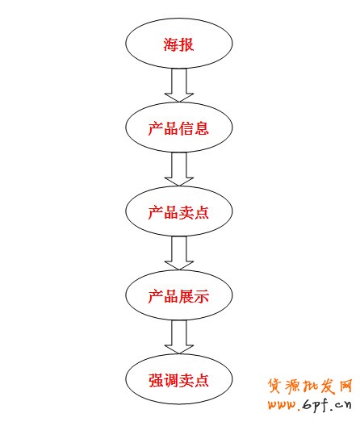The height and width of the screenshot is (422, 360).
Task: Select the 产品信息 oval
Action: [x=178, y=127]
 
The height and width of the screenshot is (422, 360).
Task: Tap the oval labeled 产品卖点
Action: [x=178, y=211]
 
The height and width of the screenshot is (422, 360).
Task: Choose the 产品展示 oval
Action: [x=178, y=295]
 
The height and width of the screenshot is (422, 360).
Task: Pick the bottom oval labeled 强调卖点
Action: [x=178, y=379]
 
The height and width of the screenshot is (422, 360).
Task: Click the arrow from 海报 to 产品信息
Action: [x=178, y=86]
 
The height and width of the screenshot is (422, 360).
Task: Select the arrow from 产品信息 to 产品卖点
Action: [x=178, y=169]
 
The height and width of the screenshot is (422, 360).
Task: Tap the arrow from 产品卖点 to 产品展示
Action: [x=178, y=253]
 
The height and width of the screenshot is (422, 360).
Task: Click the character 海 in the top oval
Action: [x=171, y=44]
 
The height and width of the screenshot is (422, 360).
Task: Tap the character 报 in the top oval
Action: [x=186, y=44]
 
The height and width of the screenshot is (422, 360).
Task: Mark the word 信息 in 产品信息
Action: [x=194, y=127]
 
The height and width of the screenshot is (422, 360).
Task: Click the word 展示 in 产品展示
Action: [x=194, y=296]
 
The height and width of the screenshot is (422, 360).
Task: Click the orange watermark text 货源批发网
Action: [x=311, y=384]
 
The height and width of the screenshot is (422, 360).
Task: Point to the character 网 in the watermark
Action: [x=345, y=384]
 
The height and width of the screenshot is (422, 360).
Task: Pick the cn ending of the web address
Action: [x=344, y=404]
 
